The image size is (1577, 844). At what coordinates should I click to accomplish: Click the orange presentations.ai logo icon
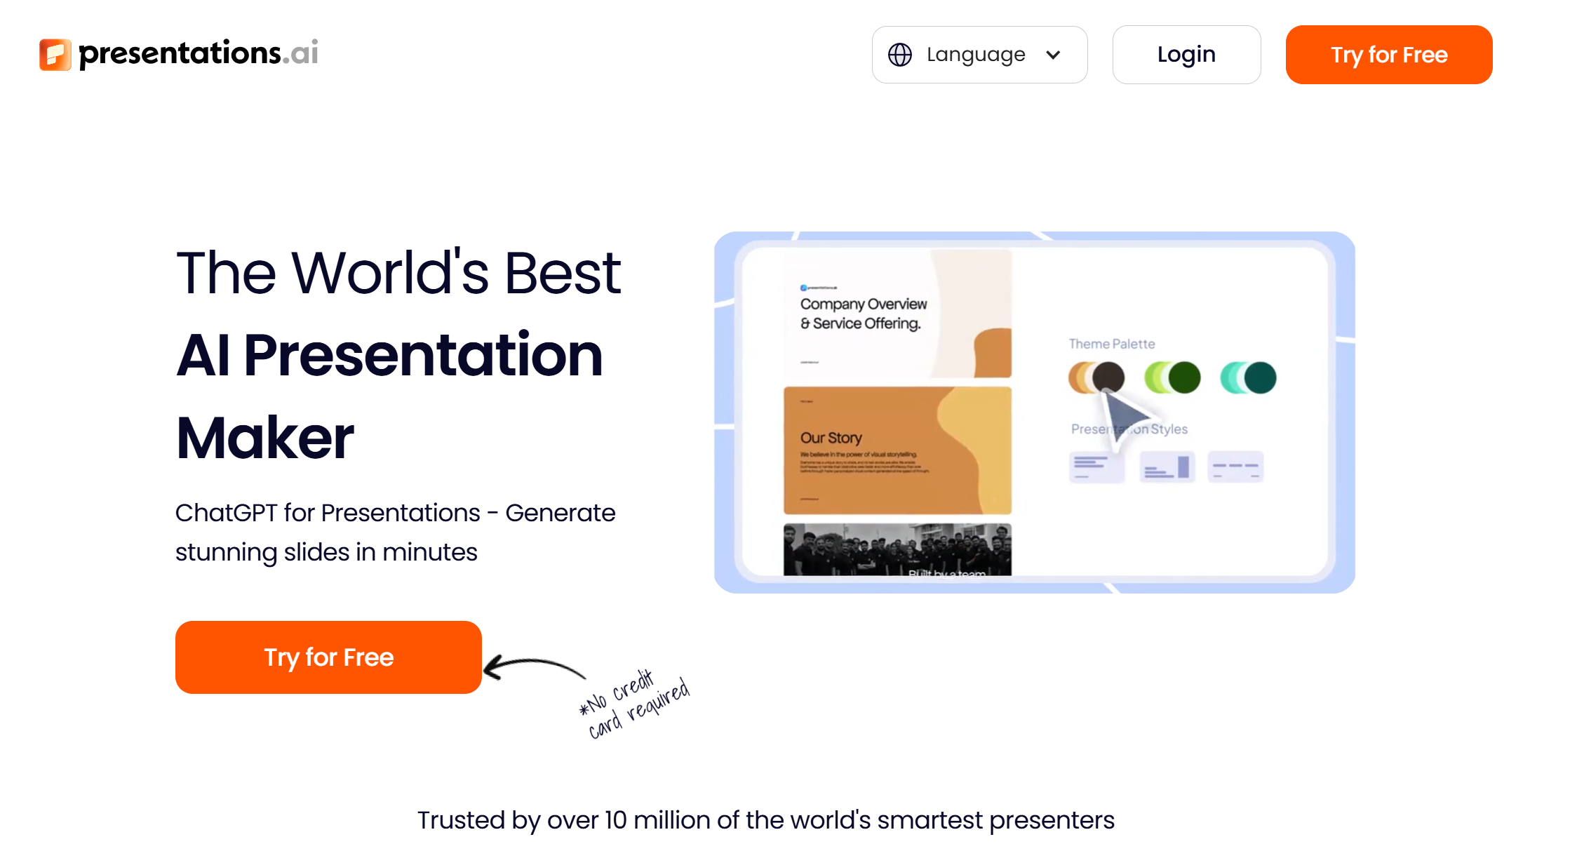(55, 55)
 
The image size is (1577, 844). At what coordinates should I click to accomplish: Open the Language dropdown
(979, 55)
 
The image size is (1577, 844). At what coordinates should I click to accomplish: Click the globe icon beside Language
(900, 55)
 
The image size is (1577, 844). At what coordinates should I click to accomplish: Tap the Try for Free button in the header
(1388, 55)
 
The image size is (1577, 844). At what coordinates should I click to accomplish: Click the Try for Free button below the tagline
(328, 657)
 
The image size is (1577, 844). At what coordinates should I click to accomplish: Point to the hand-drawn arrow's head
(491, 667)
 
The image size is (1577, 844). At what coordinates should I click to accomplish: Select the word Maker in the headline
(265, 438)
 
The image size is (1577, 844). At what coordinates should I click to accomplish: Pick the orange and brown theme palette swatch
(1096, 377)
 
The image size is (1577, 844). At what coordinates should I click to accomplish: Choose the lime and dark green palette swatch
(1172, 377)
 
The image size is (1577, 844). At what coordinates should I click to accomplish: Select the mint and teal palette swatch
(1248, 377)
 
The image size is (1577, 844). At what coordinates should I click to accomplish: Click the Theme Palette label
(1111, 344)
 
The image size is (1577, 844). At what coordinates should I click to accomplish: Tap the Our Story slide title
(831, 438)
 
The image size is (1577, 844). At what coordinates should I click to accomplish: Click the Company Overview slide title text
(863, 314)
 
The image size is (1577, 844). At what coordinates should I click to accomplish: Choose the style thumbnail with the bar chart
(1167, 467)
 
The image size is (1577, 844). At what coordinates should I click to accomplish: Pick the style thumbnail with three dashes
(1235, 467)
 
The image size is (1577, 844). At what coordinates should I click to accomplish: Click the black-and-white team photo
(897, 549)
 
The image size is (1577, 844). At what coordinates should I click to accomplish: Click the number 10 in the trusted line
(616, 819)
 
